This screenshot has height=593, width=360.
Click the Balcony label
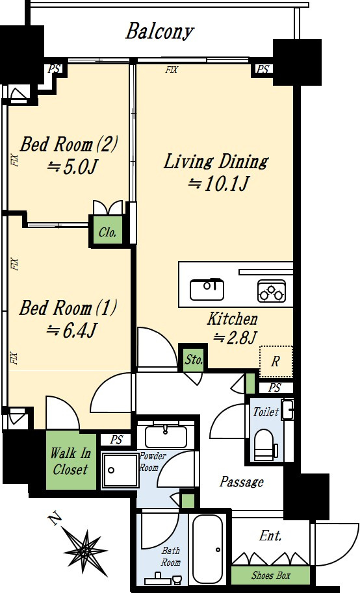(x=159, y=32)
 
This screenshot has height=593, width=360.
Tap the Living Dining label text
(x=216, y=161)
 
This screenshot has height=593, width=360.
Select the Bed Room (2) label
(x=68, y=144)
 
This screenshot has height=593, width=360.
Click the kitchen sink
(x=207, y=289)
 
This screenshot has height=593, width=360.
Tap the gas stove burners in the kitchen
(x=272, y=291)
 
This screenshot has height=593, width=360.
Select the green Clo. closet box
(x=107, y=231)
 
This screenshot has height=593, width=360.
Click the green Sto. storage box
(x=194, y=359)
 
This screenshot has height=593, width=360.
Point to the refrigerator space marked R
(x=276, y=361)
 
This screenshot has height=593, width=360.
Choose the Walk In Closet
(x=70, y=461)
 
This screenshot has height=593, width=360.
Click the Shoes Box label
(x=271, y=575)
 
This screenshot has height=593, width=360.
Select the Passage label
(x=242, y=482)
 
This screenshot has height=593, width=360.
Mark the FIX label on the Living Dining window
(x=172, y=70)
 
